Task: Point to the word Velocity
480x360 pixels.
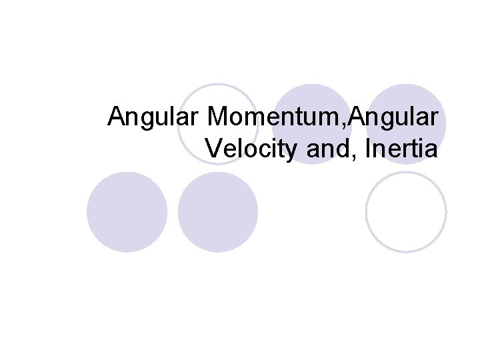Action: pos(253,149)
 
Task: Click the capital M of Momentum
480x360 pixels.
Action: pos(218,117)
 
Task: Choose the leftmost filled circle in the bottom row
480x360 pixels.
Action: pos(127,212)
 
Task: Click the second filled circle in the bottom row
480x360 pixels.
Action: pos(218,212)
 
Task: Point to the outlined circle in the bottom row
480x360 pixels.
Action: pos(406,212)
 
